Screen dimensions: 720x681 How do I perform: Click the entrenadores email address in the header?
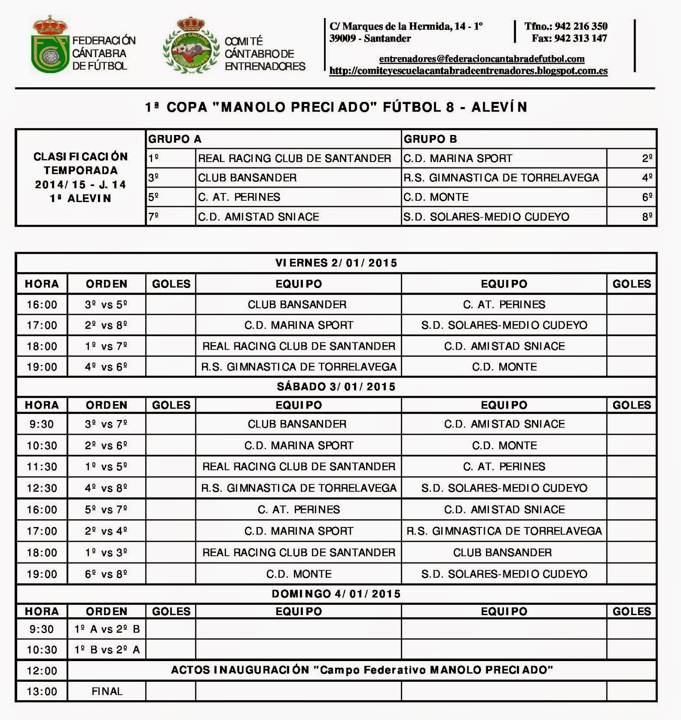point(481,59)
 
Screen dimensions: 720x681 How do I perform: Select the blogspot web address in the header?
point(468,71)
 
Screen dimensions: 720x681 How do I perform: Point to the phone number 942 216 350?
point(581,27)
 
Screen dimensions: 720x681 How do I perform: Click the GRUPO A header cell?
point(175,139)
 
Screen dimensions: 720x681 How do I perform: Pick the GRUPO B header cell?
point(430,139)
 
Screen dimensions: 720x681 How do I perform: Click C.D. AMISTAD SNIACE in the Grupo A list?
point(259,217)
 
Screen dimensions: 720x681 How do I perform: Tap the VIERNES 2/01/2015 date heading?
point(336,263)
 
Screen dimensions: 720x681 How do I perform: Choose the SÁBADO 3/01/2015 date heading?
point(336,387)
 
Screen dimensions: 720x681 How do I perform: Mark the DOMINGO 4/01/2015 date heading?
point(336,594)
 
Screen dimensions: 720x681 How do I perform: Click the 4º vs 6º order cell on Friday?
point(106,367)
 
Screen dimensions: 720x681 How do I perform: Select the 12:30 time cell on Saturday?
point(42,488)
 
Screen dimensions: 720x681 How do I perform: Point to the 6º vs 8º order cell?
point(106,574)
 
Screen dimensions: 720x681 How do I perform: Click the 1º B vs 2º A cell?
point(107,650)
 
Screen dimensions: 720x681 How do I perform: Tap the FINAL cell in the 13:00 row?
point(107,692)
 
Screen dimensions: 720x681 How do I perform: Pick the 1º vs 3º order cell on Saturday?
point(106,553)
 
